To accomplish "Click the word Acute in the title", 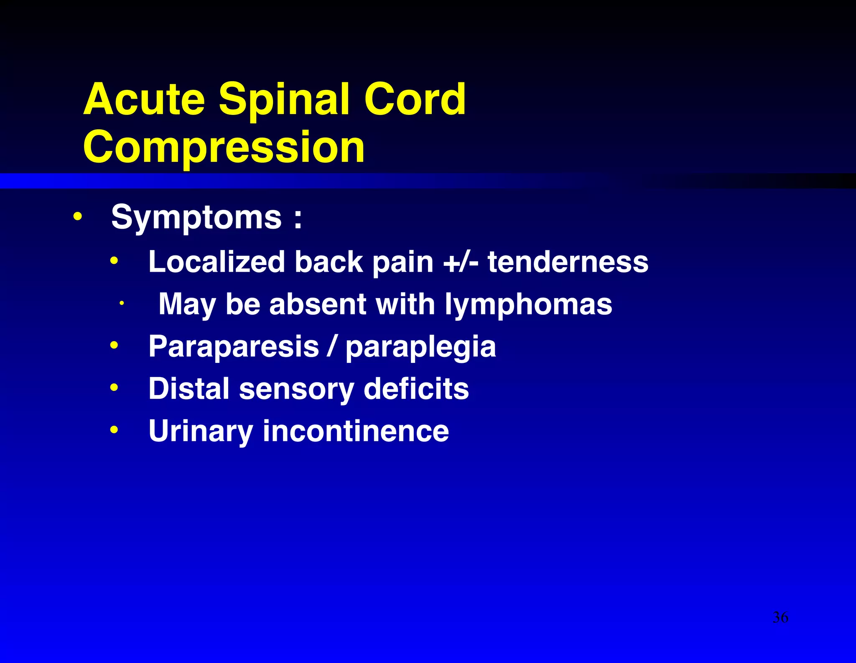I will coord(144,99).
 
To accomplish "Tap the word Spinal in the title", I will coord(284,99).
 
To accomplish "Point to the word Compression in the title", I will coord(224,147).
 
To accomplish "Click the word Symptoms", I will coord(196,217).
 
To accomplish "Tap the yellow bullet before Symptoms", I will coord(77,217).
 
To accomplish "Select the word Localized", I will coord(217,262).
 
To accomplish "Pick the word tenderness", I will coord(568,262).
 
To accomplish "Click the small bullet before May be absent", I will coord(121,303).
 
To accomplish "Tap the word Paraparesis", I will coord(234,347).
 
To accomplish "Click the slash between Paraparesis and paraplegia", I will coord(332,347).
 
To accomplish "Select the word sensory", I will coord(296,389).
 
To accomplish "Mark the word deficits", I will coord(416,388).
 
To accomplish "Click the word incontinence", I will coord(356,431).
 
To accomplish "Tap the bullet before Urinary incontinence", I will coord(114,430).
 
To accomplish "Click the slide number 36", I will coord(780,617).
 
